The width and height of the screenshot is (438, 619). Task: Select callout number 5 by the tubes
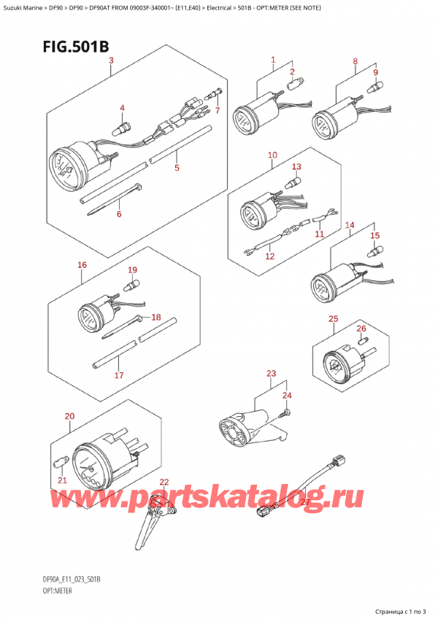(177, 169)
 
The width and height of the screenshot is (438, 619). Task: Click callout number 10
(272, 155)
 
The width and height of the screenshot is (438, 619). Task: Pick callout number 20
(69, 417)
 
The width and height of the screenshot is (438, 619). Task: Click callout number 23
(272, 374)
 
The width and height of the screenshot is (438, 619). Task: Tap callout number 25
(333, 319)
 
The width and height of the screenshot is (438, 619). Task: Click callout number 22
(164, 482)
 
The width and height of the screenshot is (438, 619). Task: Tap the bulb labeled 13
(296, 179)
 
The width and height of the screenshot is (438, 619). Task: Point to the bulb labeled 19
(132, 285)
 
